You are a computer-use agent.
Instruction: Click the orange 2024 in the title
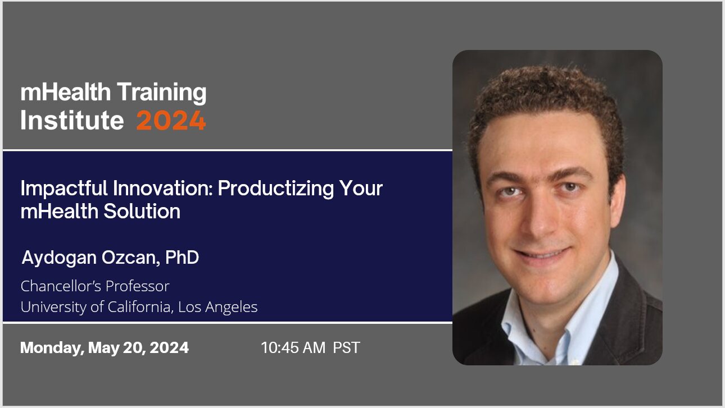171,120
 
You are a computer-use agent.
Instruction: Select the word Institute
72,120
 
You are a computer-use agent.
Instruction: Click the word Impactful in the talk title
64,189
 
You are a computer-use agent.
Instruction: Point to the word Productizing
275,189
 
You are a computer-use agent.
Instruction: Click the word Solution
142,211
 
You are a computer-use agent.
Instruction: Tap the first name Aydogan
59,258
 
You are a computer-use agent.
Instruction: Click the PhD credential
182,258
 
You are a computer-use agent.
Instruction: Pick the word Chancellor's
61,286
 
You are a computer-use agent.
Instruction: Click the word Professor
137,286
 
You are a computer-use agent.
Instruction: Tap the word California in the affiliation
139,307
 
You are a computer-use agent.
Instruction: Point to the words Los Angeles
218,307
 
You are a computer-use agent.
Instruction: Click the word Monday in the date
52,348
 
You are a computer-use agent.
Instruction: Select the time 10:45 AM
293,348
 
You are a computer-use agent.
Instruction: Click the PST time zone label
346,348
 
